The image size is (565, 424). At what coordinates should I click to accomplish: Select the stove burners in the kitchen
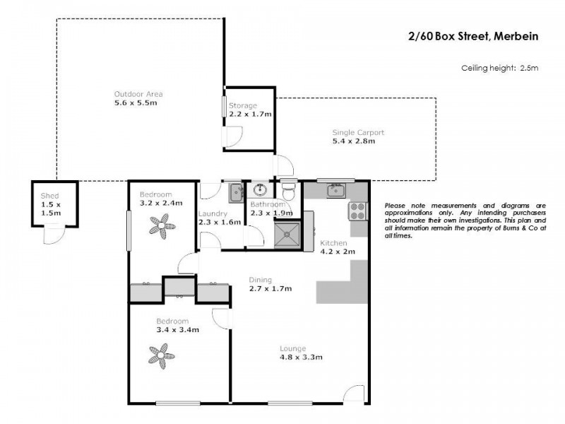357,210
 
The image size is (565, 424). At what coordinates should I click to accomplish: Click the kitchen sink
335,189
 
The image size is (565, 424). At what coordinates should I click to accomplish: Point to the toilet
289,192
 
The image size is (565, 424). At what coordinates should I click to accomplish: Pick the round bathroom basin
260,189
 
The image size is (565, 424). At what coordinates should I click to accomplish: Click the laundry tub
235,190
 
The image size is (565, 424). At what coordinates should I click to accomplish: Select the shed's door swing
53,232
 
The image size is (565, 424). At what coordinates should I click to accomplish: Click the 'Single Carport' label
358,132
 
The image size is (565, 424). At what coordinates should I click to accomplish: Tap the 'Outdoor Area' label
134,93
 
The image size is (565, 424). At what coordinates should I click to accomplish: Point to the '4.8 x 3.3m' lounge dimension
302,358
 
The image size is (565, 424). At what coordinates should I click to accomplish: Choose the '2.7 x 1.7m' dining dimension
270,288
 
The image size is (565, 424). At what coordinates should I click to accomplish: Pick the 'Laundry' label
212,213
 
